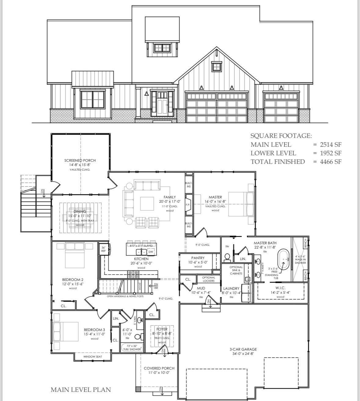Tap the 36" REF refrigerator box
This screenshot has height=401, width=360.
click(x=103, y=249)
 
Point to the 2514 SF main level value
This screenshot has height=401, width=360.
click(x=330, y=145)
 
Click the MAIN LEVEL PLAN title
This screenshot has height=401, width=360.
click(x=81, y=389)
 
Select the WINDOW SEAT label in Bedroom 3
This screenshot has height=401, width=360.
click(x=93, y=356)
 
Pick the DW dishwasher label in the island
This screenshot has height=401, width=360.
click(x=151, y=252)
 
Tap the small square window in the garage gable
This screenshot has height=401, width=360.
click(x=216, y=66)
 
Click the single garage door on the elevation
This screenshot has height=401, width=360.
click(x=281, y=107)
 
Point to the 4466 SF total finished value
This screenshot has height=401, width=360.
click(x=330, y=162)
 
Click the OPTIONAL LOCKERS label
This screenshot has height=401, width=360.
click(x=209, y=279)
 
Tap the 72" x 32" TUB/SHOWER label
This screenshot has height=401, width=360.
click(x=132, y=348)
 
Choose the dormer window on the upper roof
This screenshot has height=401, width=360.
click(x=162, y=48)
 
